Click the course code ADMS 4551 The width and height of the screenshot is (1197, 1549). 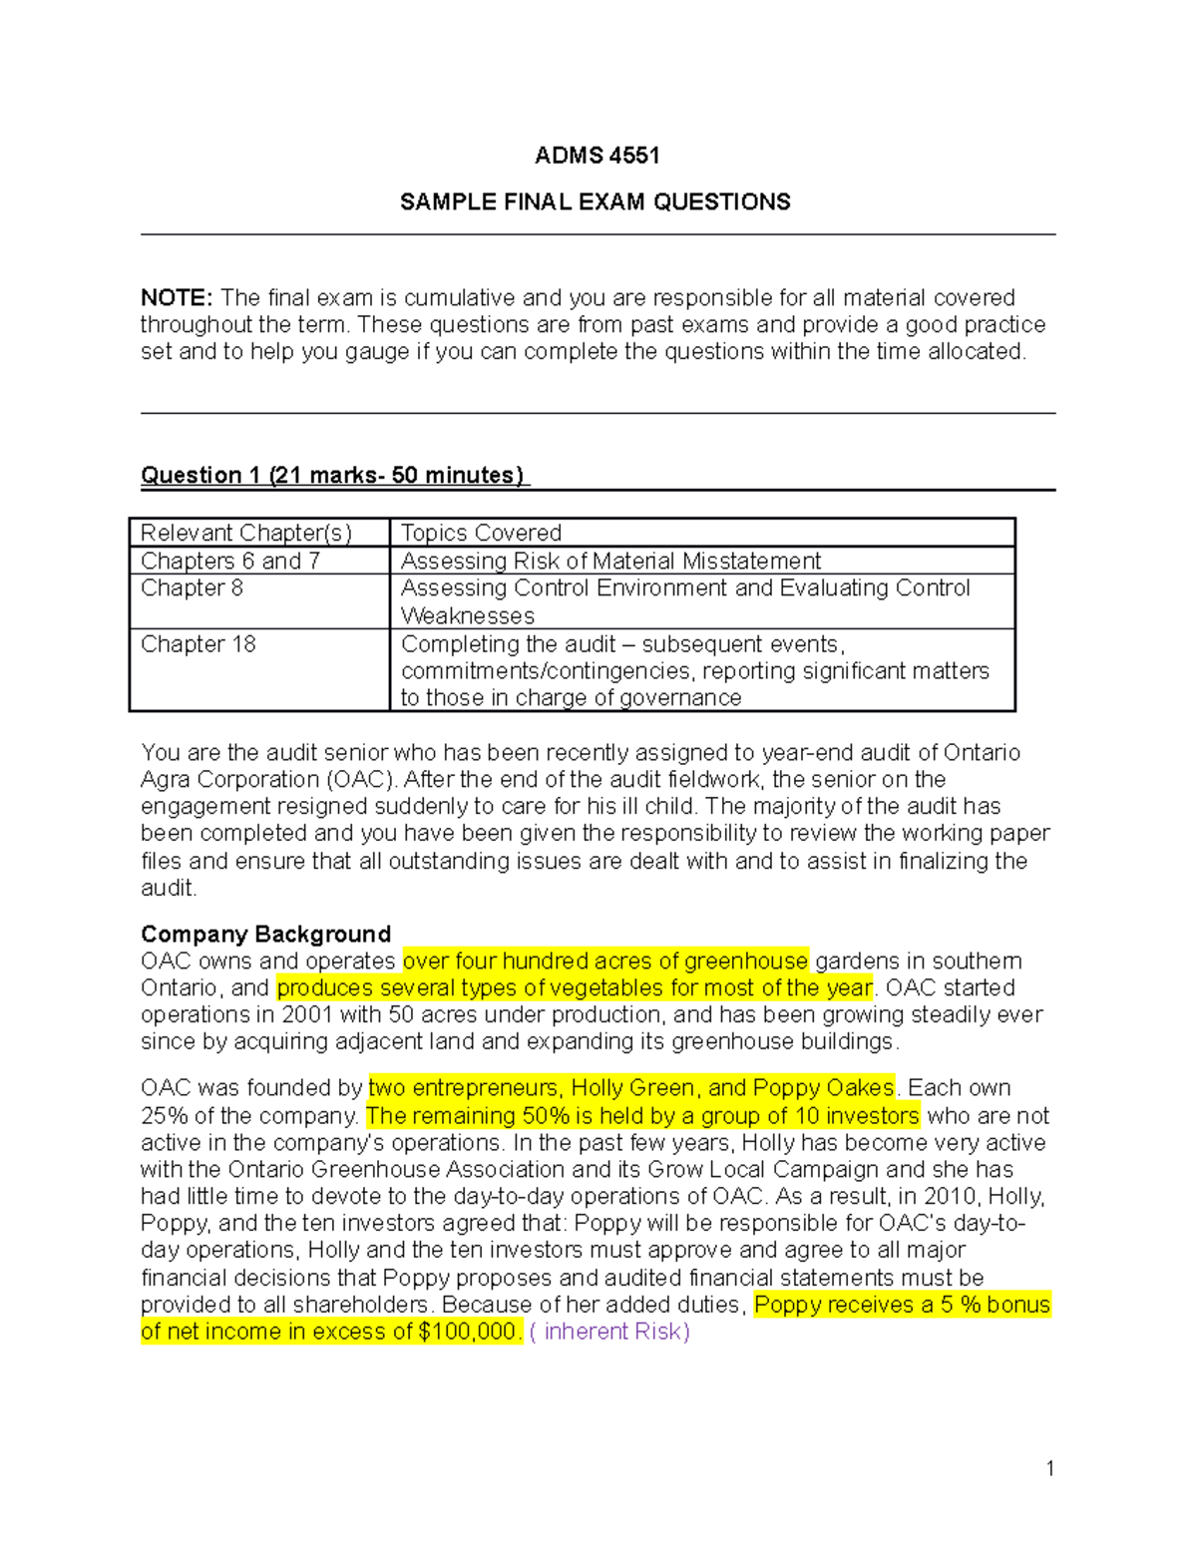coord(597,156)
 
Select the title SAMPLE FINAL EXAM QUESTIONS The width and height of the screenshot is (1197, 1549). coord(595,202)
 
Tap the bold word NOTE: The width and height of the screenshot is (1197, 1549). coord(177,298)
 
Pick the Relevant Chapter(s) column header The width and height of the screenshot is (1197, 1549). coord(246,534)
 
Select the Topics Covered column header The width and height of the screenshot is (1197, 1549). coord(481,534)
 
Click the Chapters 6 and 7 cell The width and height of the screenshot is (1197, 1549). coord(230,562)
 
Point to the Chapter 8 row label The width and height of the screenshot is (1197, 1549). coord(192,588)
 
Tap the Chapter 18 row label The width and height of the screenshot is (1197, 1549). coord(199,644)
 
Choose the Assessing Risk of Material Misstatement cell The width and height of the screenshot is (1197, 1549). coord(610,562)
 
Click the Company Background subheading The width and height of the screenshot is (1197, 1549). coord(265,935)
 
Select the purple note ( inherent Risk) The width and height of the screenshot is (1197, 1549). coord(609,1332)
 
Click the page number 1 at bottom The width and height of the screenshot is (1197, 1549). coord(1049,1468)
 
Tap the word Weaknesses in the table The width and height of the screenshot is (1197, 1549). coord(467,616)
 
